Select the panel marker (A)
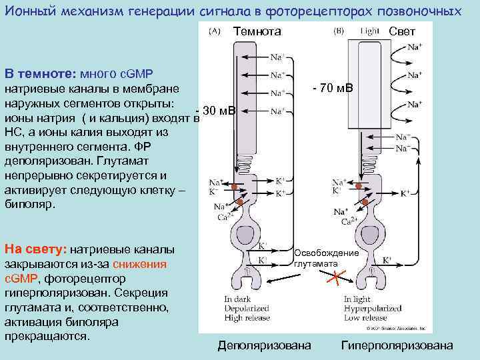point(215,31)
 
